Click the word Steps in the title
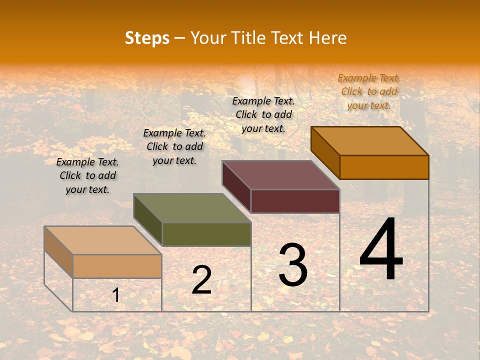147,38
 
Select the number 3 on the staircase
292,265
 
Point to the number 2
201,280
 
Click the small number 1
115,295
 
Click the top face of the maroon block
281,175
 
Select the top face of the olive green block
192,208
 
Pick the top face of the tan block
103,240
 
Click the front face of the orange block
384,167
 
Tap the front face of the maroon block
295,201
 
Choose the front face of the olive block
206,234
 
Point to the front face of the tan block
117,266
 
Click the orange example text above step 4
369,91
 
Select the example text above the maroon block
263,114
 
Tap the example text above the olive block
174,146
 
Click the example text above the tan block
87,175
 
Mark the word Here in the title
327,38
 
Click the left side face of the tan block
58,252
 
